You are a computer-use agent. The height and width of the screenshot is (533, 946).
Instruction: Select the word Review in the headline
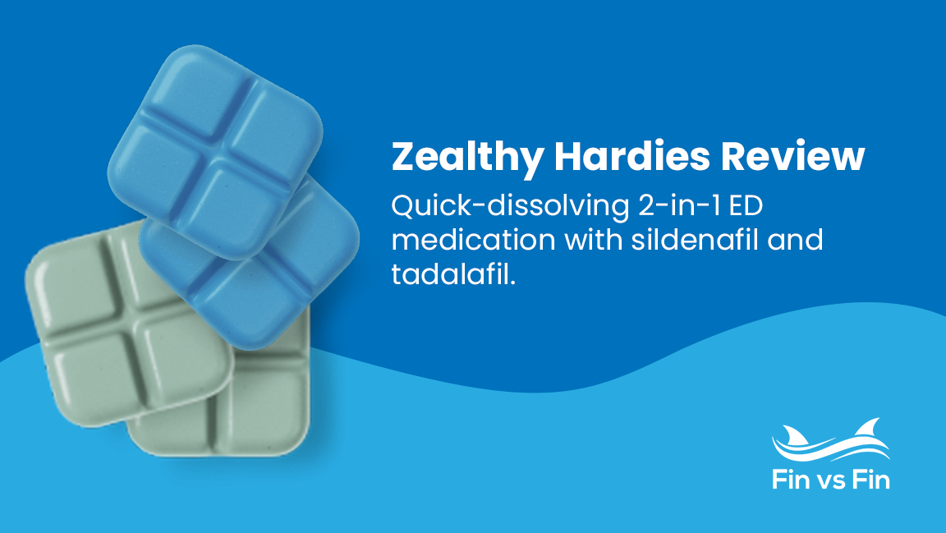(x=796, y=157)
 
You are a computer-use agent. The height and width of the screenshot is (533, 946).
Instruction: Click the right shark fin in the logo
(x=866, y=427)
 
